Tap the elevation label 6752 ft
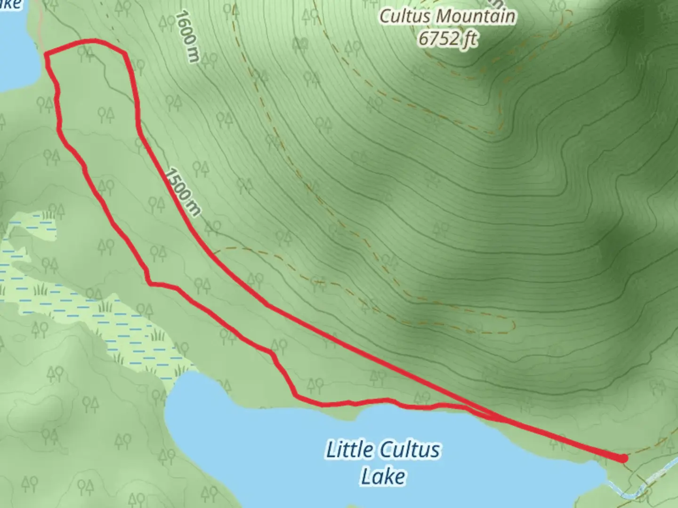tap(447, 39)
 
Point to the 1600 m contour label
tap(187, 37)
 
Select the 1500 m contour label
tap(183, 192)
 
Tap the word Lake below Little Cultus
tap(383, 476)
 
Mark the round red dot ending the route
tap(623, 458)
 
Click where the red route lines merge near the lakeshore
tap(494, 416)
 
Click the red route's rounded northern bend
tap(94, 41)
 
